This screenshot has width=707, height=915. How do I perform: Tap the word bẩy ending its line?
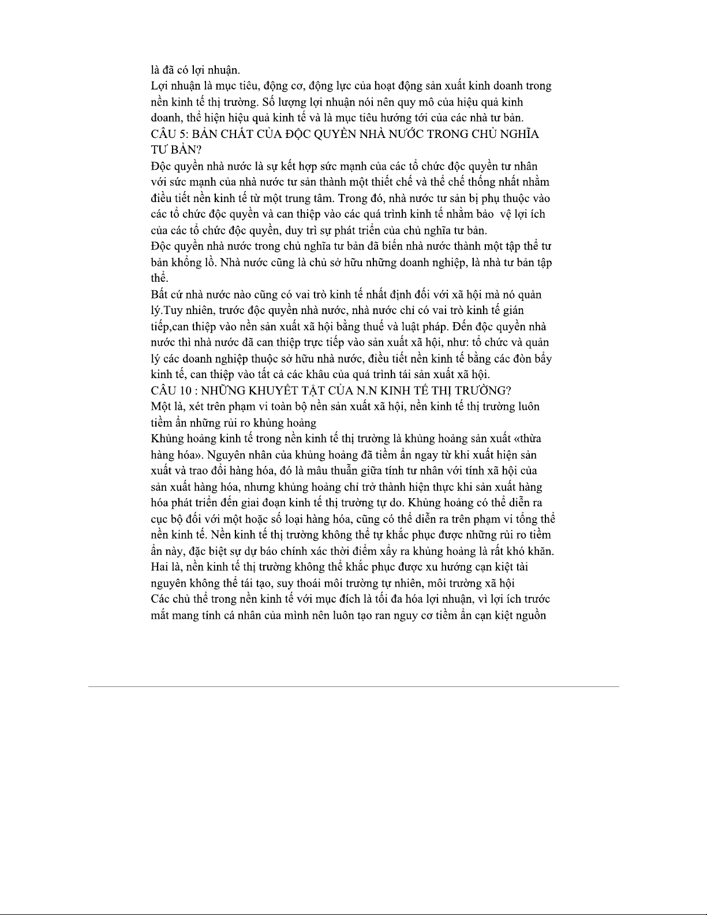[543, 359]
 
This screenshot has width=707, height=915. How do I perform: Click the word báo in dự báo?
[251, 551]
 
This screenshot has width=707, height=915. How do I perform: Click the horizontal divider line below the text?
[353, 686]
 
